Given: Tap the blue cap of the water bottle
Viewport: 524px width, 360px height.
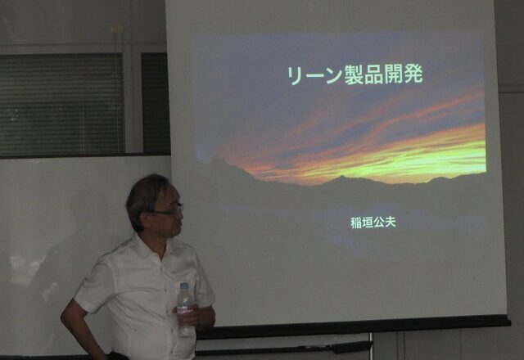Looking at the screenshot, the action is pyautogui.click(x=184, y=286).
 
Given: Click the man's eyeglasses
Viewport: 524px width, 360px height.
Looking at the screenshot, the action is pyautogui.click(x=170, y=210).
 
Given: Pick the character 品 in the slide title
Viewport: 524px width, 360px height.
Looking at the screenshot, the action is pyautogui.click(x=373, y=74).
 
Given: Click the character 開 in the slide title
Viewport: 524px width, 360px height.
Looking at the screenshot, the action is pyautogui.click(x=393, y=74).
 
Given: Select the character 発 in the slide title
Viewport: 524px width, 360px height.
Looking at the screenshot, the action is pyautogui.click(x=413, y=74).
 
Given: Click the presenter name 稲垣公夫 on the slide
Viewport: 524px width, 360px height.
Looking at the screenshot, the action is pyautogui.click(x=373, y=223).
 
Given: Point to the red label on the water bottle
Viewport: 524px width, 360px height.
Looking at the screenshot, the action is pyautogui.click(x=184, y=311).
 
